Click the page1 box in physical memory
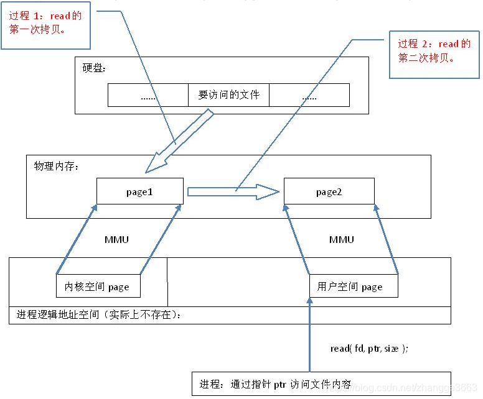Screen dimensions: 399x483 (140, 191)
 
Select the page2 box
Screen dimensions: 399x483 (329, 191)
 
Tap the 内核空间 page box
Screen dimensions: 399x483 (97, 287)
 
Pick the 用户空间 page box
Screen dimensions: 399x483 (353, 287)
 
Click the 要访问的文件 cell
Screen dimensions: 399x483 (228, 95)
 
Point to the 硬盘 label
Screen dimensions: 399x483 (95, 68)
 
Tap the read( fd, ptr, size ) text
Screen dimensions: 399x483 (369, 349)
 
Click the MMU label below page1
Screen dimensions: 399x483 (116, 240)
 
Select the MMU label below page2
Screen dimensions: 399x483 (341, 240)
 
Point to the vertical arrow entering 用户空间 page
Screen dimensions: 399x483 (309, 336)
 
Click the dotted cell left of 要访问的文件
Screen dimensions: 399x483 (148, 95)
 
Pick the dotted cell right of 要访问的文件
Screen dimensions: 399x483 (309, 95)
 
